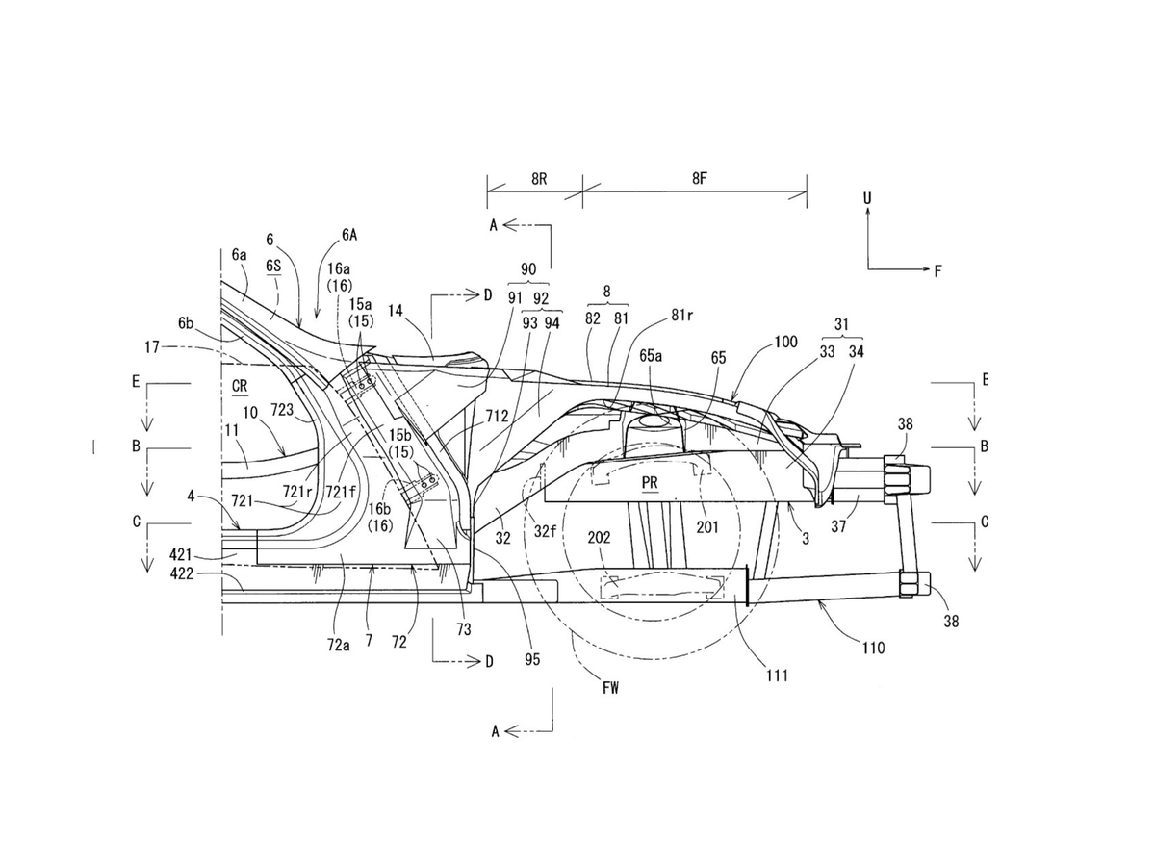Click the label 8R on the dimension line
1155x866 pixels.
pos(539,179)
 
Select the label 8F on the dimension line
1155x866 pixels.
pos(699,179)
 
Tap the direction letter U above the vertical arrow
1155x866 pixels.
pos(867,198)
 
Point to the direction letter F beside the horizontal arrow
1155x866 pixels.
pos(937,271)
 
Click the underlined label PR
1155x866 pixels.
pos(650,483)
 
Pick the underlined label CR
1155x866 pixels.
pos(240,387)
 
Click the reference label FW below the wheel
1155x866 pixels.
pos(610,687)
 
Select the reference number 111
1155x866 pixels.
pos(777,675)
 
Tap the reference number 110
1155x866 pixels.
pos(873,648)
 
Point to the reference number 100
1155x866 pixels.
pos(785,342)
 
